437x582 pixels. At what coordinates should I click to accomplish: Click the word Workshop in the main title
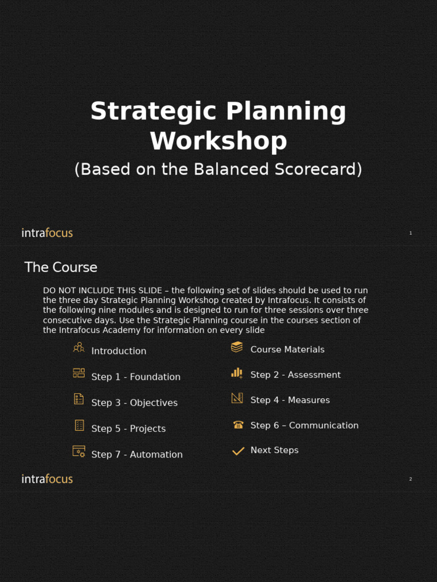218,141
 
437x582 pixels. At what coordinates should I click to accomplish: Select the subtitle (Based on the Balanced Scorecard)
218,169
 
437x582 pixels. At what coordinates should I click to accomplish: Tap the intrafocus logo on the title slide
47,232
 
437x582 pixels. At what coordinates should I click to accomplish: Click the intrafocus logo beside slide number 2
47,479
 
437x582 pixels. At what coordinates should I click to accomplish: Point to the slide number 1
410,233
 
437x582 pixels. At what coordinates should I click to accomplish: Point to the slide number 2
410,479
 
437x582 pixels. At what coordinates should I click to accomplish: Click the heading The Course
61,267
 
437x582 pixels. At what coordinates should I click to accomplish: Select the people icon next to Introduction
79,347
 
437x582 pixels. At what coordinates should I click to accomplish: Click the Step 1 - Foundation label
135,377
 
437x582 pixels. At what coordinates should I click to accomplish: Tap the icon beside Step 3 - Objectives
79,399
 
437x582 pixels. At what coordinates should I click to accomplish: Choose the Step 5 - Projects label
128,429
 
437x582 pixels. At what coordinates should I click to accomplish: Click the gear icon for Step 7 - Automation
79,452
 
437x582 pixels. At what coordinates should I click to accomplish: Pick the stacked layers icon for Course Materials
237,347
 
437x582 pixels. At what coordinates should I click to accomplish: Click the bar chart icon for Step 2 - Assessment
237,373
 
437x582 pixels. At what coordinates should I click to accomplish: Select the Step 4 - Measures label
290,400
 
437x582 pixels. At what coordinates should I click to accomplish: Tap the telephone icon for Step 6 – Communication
238,425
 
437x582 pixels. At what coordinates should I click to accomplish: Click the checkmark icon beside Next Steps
238,451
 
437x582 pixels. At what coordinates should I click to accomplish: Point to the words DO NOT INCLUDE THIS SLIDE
102,290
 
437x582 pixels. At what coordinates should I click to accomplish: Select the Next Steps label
274,450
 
